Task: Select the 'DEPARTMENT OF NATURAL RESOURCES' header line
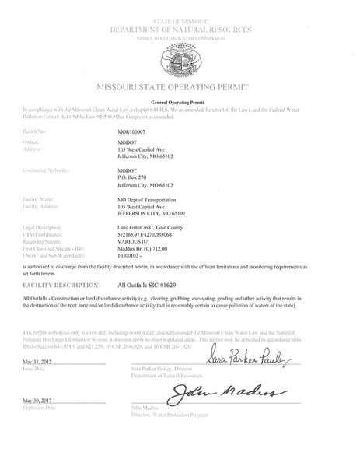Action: [180, 29]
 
